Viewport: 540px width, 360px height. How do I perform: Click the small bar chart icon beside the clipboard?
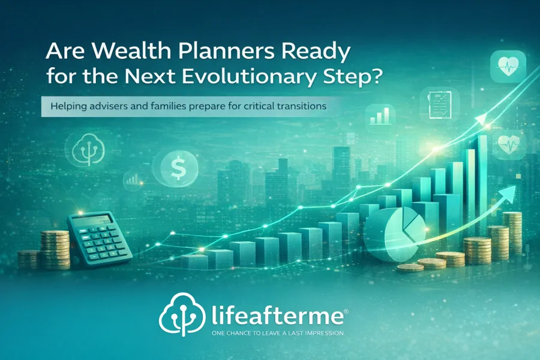(x=382, y=116)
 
